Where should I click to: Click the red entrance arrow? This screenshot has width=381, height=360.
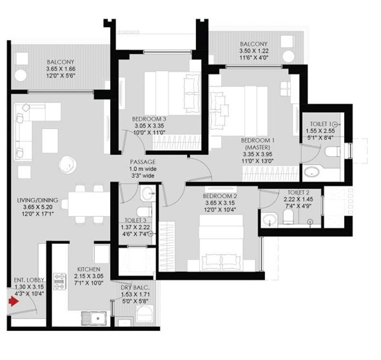pyautogui.click(x=14, y=302)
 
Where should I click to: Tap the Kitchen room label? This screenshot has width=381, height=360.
pyautogui.click(x=89, y=269)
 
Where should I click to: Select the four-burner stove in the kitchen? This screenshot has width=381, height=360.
pyautogui.click(x=59, y=281)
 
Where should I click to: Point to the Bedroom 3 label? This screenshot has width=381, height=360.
pyautogui.click(x=149, y=119)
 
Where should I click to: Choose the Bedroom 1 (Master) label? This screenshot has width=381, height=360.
pyautogui.click(x=258, y=144)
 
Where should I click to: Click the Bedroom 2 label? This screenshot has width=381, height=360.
pyautogui.click(x=220, y=196)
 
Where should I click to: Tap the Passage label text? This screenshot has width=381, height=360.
pyautogui.click(x=143, y=162)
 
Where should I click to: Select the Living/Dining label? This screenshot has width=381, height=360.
pyautogui.click(x=37, y=200)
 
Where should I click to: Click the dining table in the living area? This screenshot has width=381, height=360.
pyautogui.click(x=88, y=204)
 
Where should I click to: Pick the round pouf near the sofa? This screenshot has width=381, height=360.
pyautogui.click(x=68, y=165)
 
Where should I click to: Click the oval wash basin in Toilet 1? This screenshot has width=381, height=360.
pyautogui.click(x=311, y=172)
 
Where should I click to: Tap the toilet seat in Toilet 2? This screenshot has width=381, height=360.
pyautogui.click(x=288, y=217)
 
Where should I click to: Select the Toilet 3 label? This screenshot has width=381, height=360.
pyautogui.click(x=135, y=221)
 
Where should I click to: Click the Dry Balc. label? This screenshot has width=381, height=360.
pyautogui.click(x=135, y=288)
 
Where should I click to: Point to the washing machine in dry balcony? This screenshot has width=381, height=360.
pyautogui.click(x=144, y=314)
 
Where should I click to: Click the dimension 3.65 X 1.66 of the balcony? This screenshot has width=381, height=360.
pyautogui.click(x=61, y=69)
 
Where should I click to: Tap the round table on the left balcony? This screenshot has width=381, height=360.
pyautogui.click(x=21, y=75)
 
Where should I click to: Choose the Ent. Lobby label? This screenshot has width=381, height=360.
pyautogui.click(x=29, y=280)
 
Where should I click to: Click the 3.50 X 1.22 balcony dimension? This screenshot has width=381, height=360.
pyautogui.click(x=254, y=51)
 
